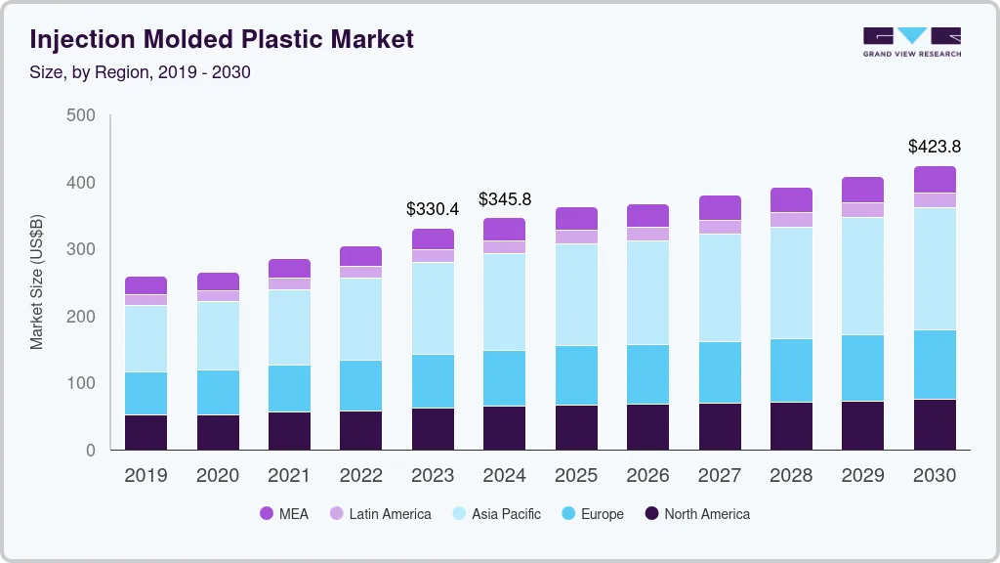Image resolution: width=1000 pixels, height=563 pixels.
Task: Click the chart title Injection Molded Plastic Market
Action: point(222,39)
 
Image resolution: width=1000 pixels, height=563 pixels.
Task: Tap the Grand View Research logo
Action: point(911,41)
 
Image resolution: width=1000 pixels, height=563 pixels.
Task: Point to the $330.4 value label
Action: point(432,209)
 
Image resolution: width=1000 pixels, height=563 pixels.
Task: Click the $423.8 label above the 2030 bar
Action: point(935,147)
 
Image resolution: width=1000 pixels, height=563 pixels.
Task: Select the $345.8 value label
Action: point(505,199)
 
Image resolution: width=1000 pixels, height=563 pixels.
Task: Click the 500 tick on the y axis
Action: point(81,115)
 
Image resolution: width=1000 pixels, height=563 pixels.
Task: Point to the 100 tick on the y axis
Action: point(81,383)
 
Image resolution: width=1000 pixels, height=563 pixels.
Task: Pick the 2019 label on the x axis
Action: point(146,476)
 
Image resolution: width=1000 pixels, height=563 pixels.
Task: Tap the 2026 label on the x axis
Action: point(646,476)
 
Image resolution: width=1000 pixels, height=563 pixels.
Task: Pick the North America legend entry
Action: point(696,513)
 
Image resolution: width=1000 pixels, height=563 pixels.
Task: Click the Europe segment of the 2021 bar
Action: point(290,388)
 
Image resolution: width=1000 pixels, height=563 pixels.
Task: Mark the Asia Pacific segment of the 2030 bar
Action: point(935,269)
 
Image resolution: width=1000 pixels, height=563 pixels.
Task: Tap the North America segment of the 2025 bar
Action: point(576,427)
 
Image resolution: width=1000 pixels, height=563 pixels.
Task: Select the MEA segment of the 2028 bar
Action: point(791,199)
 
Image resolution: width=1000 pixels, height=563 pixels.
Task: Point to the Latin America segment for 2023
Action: point(433,256)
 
